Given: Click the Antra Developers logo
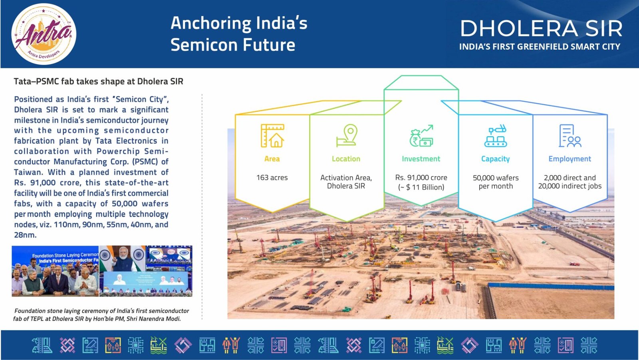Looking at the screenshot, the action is pyautogui.click(x=44, y=34).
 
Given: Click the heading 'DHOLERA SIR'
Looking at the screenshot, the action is pyautogui.click(x=541, y=28).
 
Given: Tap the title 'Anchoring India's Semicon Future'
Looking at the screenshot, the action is pyautogui.click(x=239, y=34).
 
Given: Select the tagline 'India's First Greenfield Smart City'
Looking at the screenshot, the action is pyautogui.click(x=540, y=46).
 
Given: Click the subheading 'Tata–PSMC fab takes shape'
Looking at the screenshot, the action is pyautogui.click(x=98, y=82).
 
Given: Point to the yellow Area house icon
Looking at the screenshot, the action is pyautogui.click(x=272, y=135).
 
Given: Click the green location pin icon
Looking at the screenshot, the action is pyautogui.click(x=347, y=135).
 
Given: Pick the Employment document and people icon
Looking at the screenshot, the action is pyautogui.click(x=570, y=135).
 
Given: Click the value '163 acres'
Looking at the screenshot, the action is pyautogui.click(x=272, y=177).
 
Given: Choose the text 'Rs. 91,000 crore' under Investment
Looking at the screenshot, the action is pyautogui.click(x=421, y=177).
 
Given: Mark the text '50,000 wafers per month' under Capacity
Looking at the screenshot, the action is pyautogui.click(x=496, y=182).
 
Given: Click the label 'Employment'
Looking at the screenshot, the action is pyautogui.click(x=570, y=159).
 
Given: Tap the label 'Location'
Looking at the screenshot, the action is pyautogui.click(x=346, y=159).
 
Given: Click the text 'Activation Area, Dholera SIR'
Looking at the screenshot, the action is pyautogui.click(x=346, y=182).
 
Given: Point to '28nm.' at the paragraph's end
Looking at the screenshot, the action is pyautogui.click(x=26, y=235).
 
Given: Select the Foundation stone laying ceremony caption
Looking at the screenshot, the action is pyautogui.click(x=101, y=314).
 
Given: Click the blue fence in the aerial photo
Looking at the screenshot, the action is pyautogui.click(x=551, y=286).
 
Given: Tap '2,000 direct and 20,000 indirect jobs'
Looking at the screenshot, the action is pyautogui.click(x=570, y=182).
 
